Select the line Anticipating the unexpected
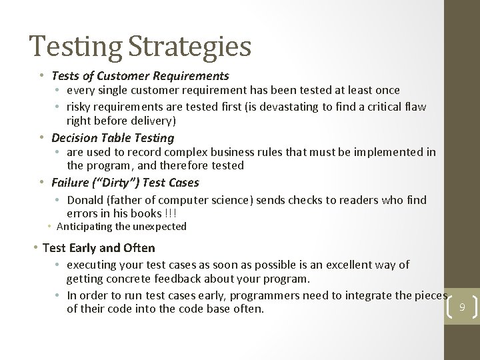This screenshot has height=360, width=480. pos(126,227)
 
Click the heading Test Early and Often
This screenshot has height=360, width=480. pos(99,248)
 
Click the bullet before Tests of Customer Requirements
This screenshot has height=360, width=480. pos(42,77)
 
